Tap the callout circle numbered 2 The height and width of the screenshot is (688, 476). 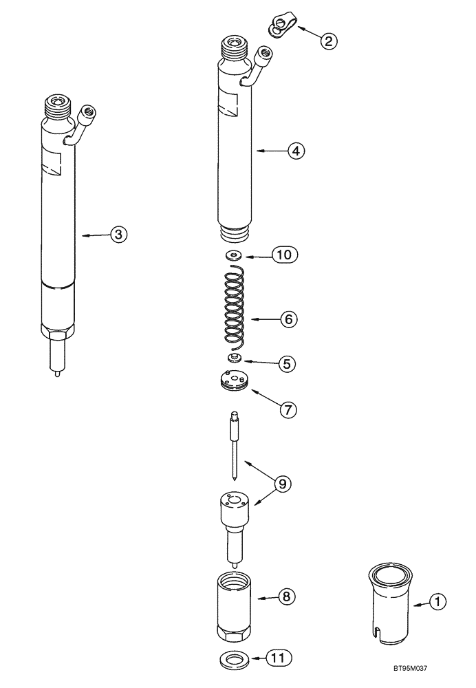(x=328, y=41)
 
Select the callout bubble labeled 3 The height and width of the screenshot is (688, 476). (x=118, y=235)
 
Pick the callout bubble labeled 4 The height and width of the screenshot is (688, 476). (x=296, y=149)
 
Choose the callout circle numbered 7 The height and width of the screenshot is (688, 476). (x=287, y=409)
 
